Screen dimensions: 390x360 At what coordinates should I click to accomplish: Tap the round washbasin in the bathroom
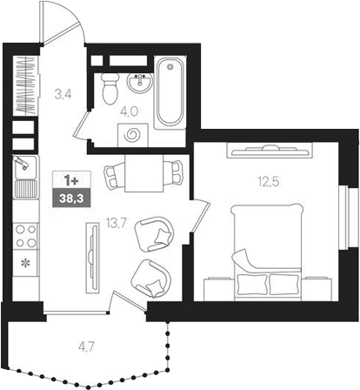click(x=138, y=83)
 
